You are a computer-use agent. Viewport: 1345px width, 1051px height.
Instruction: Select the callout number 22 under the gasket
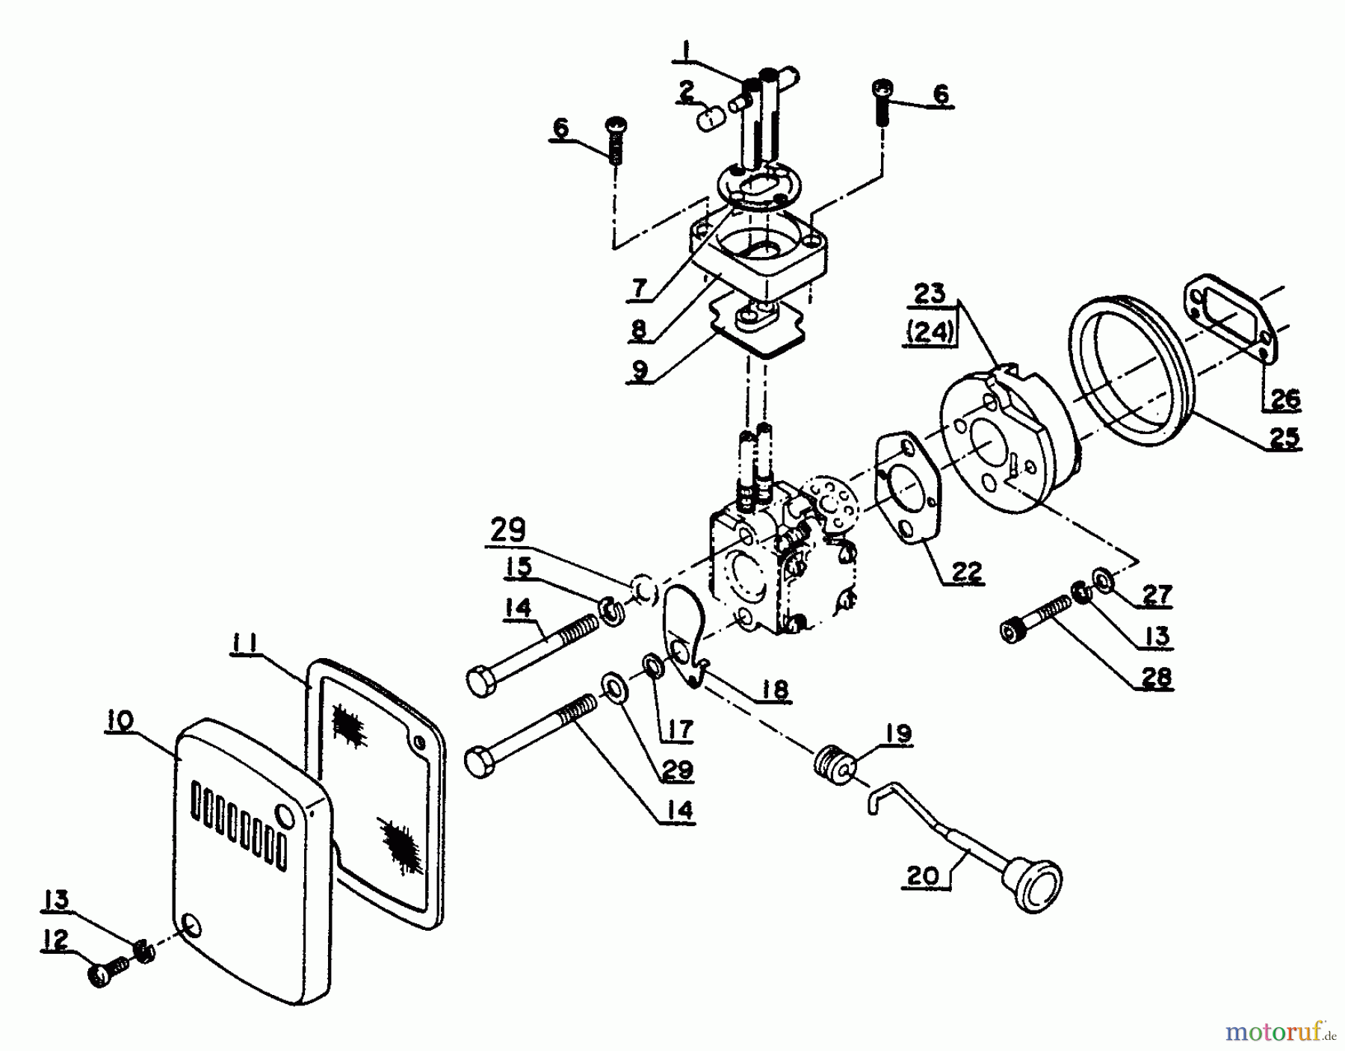pos(968,571)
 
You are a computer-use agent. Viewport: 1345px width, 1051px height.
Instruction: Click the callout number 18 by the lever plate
pos(775,689)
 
